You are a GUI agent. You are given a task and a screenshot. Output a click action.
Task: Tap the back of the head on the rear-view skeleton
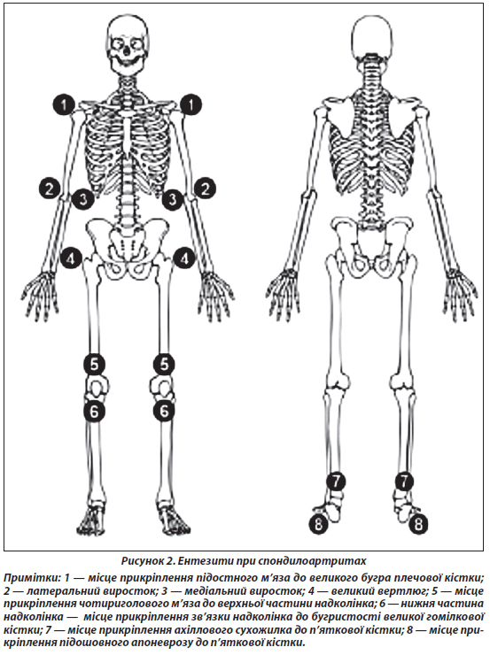tap(372, 37)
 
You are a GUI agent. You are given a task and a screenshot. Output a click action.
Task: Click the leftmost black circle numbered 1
tap(64, 104)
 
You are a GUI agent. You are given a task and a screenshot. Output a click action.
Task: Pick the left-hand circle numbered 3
tap(83, 199)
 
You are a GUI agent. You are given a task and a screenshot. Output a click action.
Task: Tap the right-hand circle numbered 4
tap(184, 259)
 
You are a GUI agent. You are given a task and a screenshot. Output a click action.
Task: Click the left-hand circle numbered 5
tap(95, 365)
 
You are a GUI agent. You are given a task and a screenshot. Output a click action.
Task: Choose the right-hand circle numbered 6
tap(164, 412)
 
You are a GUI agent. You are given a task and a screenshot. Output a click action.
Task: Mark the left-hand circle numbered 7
tap(337, 482)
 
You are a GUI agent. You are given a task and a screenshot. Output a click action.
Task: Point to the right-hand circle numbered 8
tap(418, 523)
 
